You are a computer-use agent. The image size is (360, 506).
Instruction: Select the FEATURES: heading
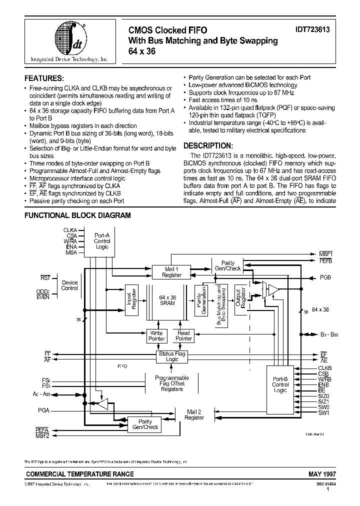click(44, 78)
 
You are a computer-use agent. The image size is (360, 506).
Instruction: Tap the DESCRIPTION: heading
click(208, 145)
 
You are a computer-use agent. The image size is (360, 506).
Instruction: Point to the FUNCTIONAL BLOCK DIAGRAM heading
click(78, 215)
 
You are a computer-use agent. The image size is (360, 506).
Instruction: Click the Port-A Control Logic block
click(102, 241)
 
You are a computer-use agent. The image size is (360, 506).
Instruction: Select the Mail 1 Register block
click(172, 272)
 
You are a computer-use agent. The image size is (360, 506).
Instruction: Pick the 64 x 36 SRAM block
click(167, 300)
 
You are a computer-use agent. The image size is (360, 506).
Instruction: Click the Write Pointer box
click(156, 335)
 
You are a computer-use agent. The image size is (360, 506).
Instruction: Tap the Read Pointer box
click(183, 335)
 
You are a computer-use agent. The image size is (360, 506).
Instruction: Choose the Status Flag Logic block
click(172, 356)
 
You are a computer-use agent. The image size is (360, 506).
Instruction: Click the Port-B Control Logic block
click(280, 384)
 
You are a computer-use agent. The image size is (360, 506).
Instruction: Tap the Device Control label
click(69, 285)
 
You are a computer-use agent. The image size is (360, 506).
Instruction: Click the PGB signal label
click(325, 277)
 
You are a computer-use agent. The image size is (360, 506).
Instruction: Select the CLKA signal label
click(70, 229)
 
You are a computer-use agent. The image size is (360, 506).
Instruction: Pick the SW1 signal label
click(323, 412)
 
